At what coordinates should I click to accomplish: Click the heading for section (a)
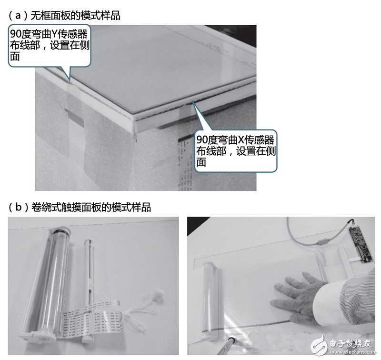(64, 16)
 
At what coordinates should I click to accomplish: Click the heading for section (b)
(80, 208)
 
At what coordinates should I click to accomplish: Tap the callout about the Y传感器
(50, 45)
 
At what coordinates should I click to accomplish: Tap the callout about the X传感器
(235, 150)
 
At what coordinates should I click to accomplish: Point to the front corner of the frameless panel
(135, 121)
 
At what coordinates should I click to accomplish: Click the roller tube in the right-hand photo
(211, 299)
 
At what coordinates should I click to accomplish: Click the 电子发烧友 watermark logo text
(351, 343)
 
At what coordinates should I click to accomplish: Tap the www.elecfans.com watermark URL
(353, 352)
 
